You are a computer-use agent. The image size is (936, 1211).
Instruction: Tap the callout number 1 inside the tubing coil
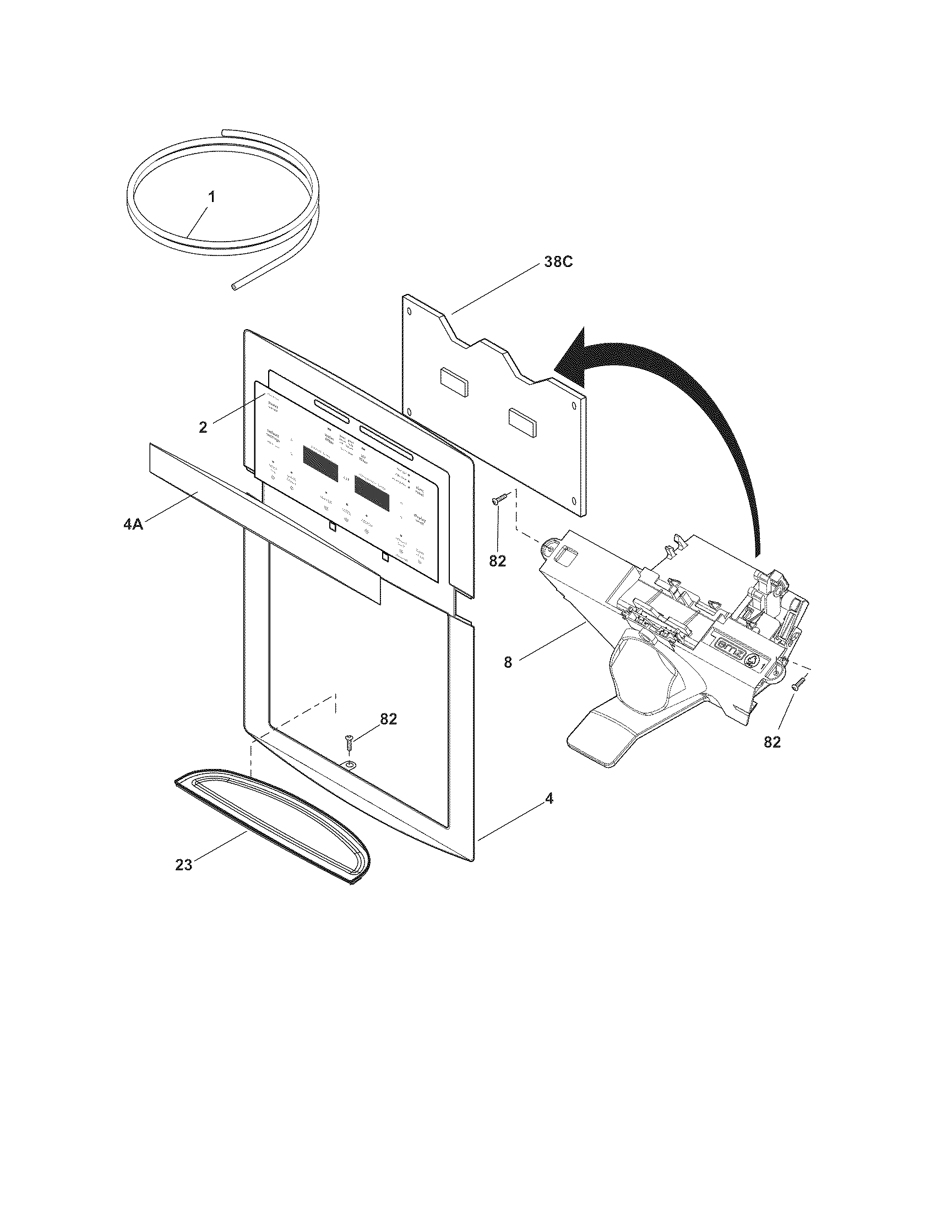pos(213,197)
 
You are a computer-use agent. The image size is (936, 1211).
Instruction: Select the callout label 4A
pos(133,523)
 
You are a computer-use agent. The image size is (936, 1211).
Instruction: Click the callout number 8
pos(508,662)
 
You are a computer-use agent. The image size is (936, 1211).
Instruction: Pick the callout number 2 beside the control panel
pos(203,427)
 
